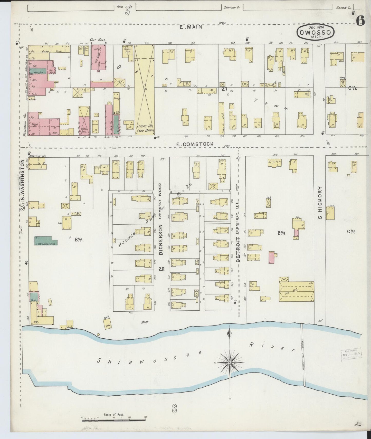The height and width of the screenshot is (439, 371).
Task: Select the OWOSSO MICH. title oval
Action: tap(316, 32)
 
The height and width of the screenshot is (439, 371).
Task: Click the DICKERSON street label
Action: tap(161, 239)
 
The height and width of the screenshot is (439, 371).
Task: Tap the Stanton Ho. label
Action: tap(35, 156)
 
